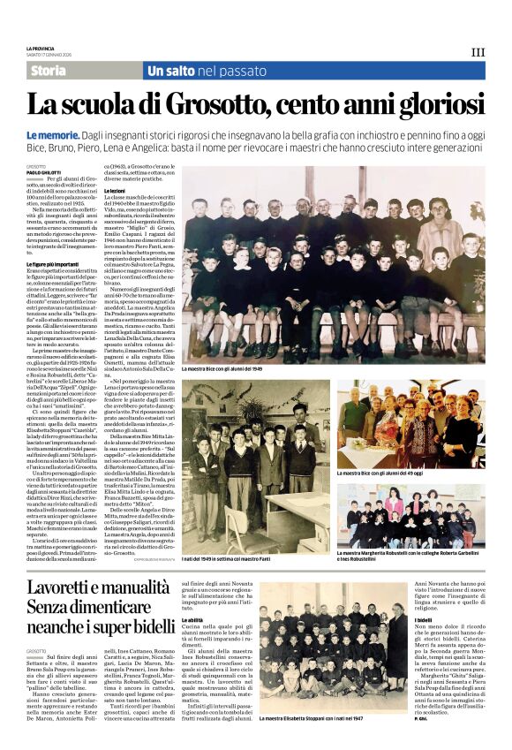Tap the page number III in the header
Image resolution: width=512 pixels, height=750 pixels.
click(x=478, y=52)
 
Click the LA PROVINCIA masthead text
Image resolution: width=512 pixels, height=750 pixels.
click(x=41, y=48)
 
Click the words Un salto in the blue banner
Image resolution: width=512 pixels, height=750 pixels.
click(x=171, y=71)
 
